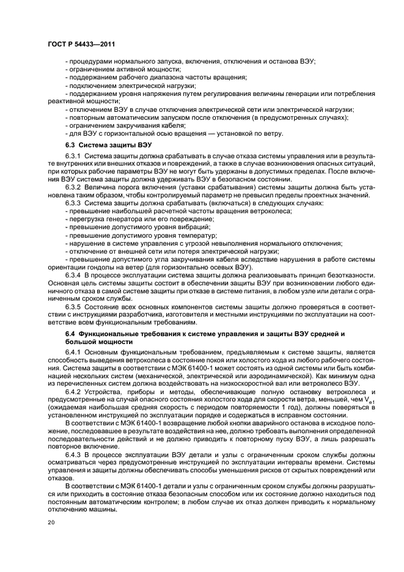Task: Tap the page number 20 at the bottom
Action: tap(51, 522)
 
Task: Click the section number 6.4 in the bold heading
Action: tap(72, 333)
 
